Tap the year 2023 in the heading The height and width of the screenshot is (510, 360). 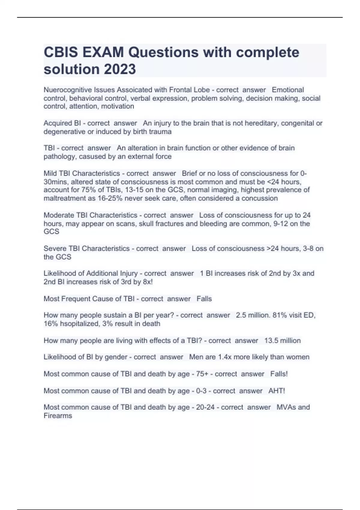coord(120,69)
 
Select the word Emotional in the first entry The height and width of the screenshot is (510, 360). coord(288,90)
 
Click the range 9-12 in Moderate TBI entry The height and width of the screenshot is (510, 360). coord(282,223)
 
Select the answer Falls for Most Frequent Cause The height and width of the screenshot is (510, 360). coord(204,299)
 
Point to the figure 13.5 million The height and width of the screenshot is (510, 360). coord(282,340)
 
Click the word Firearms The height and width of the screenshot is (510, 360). coord(58,416)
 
